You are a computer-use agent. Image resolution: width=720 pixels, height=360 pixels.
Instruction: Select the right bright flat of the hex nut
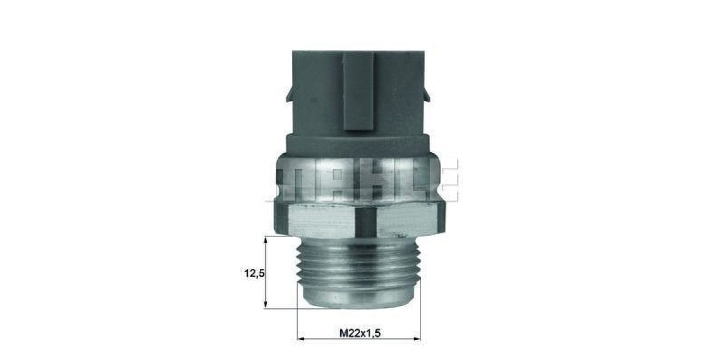[408, 220]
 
